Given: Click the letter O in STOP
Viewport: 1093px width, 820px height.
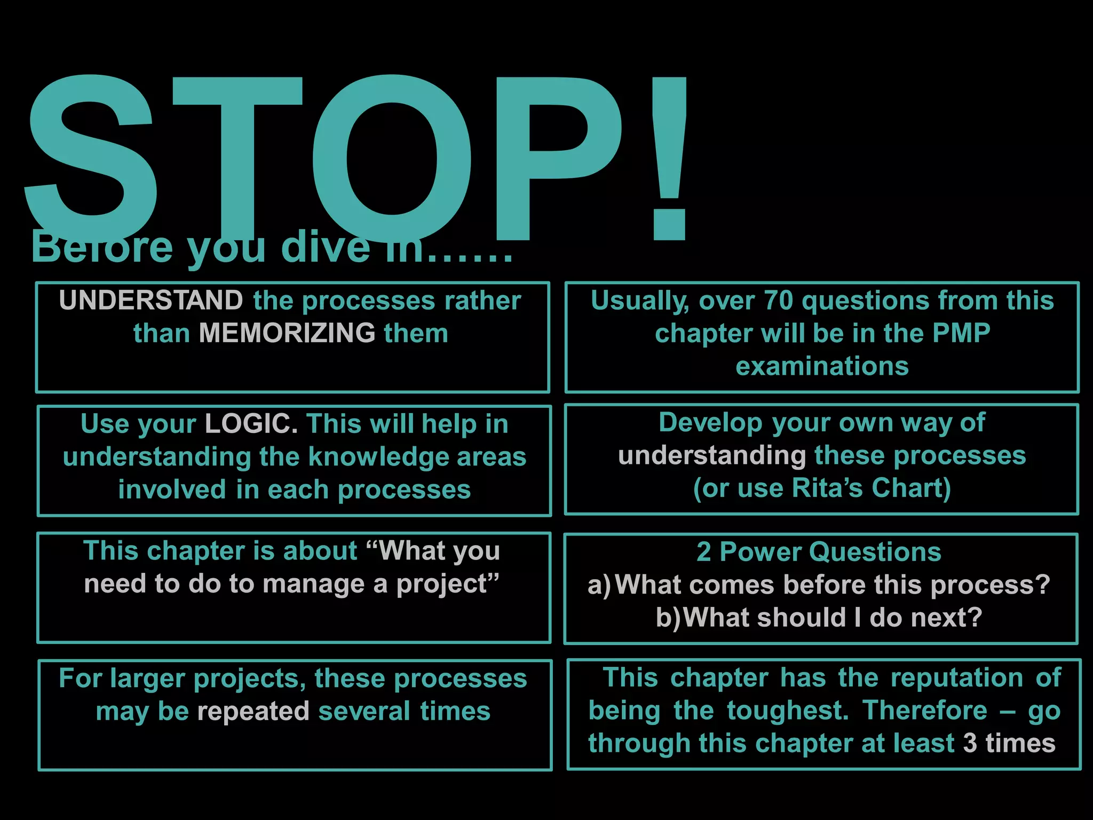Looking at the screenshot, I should click(x=392, y=157).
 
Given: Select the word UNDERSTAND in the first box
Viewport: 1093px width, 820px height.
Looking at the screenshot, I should click(x=151, y=301).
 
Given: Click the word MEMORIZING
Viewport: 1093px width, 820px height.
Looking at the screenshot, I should click(x=287, y=333).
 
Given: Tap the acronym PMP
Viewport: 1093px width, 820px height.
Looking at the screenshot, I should click(x=961, y=333).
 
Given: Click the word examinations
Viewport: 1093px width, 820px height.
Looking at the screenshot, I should click(x=822, y=366).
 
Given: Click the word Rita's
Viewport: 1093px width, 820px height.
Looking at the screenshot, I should click(x=827, y=488).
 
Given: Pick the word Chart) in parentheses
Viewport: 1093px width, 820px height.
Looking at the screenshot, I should click(x=912, y=488).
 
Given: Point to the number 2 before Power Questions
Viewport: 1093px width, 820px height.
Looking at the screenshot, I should click(x=703, y=552).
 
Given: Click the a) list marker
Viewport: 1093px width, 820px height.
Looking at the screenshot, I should click(x=599, y=585).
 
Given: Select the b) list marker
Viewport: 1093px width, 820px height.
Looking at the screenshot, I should click(x=668, y=618).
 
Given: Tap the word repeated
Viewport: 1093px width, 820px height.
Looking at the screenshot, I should click(x=254, y=712).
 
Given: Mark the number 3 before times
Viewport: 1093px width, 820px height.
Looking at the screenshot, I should click(x=970, y=743).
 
